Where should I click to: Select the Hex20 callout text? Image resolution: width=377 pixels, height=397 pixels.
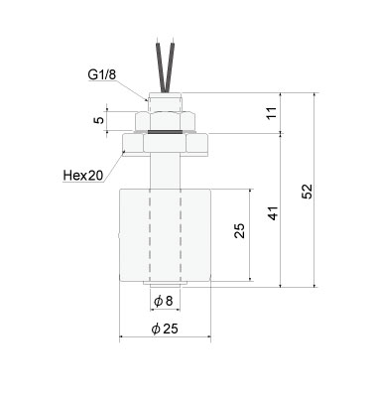click(84, 176)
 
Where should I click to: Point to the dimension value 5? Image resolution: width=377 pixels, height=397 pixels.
click(98, 121)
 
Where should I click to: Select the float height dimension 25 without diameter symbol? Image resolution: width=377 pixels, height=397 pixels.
click(239, 231)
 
